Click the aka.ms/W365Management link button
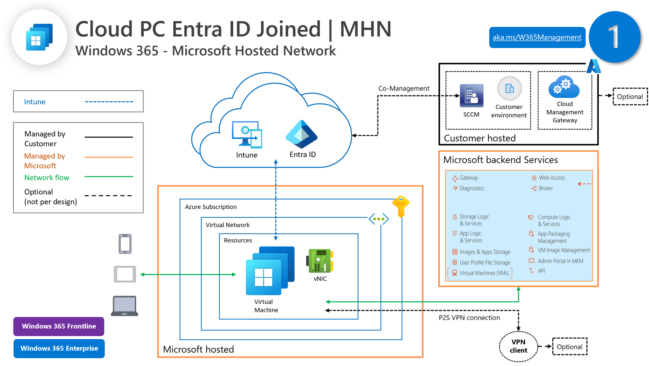pos(537,37)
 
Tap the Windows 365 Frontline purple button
pos(59,326)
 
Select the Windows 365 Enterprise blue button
pos(59,348)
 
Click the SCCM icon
pos(471,96)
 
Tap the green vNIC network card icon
pos(320,261)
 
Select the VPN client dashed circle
pos(518,346)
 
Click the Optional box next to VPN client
pos(569,347)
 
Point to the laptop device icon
pos(125,306)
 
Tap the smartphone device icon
pos(125,244)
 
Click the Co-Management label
pos(404,88)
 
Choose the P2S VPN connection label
pos(469,318)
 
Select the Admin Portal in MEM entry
pos(560,261)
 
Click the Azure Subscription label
pos(211,207)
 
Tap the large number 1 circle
pos(614,37)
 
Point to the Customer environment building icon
pos(509,88)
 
